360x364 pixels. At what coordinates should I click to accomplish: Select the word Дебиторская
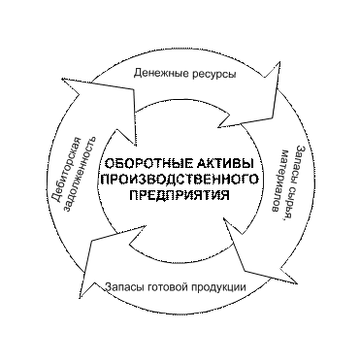tap(66, 169)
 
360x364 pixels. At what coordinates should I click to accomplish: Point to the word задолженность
tap(81, 175)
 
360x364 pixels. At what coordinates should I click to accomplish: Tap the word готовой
tap(164, 287)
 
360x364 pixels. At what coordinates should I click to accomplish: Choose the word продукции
tap(214, 287)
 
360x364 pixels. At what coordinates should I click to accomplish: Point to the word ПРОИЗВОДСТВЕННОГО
tap(180, 179)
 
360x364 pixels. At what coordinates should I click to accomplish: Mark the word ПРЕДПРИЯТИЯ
tap(180, 195)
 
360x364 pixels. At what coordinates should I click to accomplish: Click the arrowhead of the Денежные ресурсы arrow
tap(260, 95)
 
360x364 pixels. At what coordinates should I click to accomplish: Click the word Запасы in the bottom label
tap(125, 287)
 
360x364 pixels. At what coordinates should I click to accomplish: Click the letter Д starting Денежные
tap(138, 74)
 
